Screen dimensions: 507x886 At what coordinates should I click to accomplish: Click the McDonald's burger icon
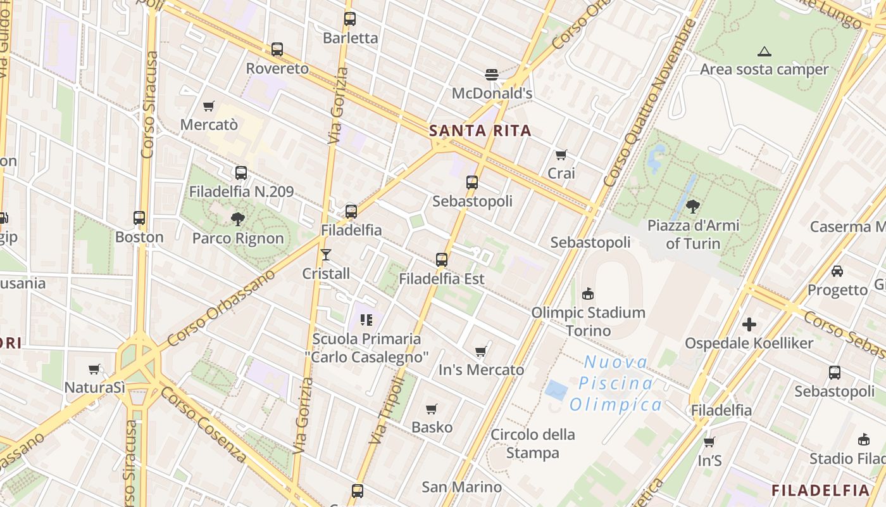492,75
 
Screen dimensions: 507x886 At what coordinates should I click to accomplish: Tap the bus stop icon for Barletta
350,19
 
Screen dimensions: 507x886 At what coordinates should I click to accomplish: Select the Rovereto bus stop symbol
277,49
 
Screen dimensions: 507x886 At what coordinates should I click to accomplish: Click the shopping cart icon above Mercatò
209,106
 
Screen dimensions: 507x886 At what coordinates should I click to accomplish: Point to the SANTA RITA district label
480,131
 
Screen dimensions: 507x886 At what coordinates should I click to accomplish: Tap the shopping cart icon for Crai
561,155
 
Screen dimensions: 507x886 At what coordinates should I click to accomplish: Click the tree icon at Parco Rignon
238,219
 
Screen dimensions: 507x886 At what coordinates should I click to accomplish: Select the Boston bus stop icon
139,218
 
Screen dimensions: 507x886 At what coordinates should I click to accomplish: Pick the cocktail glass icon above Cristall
326,255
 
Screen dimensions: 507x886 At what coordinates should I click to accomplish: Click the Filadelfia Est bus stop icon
442,259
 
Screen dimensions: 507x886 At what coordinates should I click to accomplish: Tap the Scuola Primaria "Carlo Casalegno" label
367,348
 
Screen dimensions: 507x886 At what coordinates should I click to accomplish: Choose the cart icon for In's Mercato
481,351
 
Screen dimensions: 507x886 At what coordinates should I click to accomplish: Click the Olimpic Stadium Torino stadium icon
588,293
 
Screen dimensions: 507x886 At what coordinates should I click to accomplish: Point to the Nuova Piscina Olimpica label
616,383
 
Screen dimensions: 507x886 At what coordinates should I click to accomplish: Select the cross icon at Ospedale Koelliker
749,324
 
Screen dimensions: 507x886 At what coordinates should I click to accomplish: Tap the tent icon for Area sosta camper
764,51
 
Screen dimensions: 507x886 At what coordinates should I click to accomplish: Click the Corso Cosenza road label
203,425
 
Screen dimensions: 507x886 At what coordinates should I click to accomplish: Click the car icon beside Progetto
837,271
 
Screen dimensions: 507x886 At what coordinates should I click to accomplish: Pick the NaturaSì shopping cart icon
94,369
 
